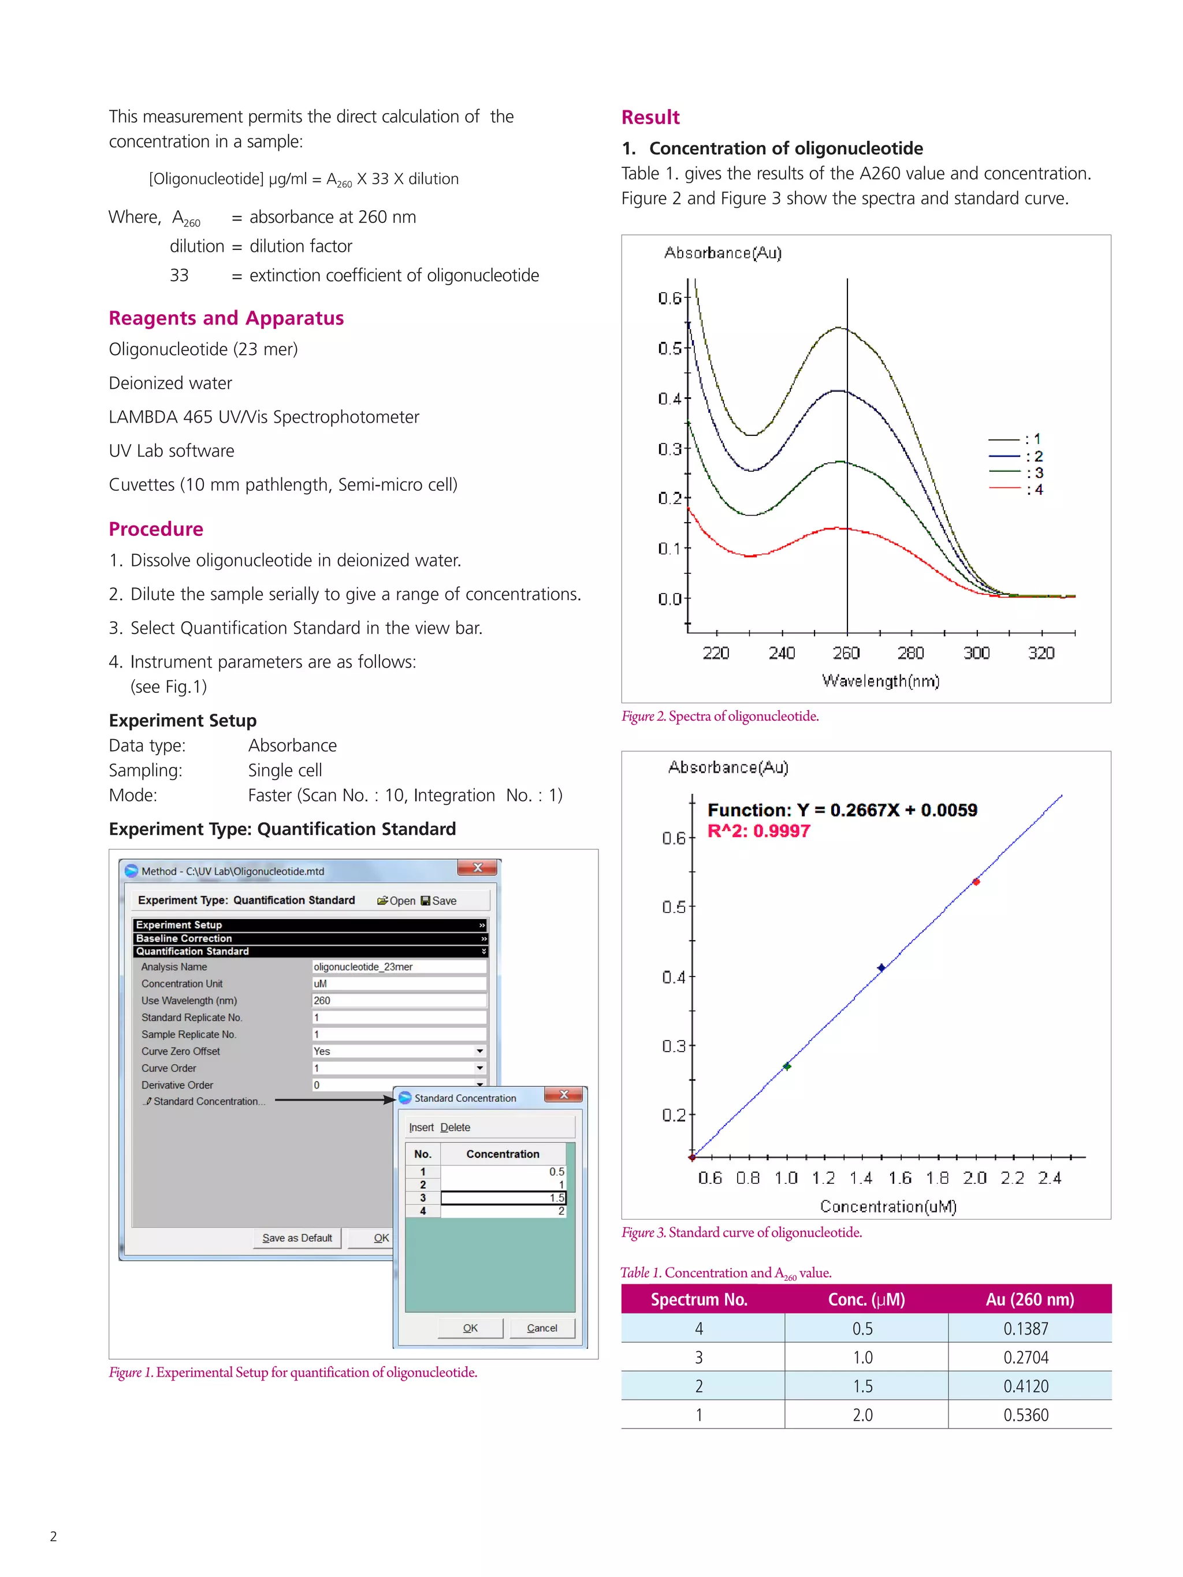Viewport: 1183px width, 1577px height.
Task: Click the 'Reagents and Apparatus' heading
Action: coord(226,318)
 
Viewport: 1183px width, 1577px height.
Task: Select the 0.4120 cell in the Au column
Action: coord(1025,1386)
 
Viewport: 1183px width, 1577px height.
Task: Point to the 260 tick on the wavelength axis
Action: coord(846,653)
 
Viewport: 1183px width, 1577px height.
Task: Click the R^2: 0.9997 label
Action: coord(758,832)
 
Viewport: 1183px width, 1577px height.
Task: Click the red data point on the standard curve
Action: coord(976,882)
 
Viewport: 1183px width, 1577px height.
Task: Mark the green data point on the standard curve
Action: coord(787,1066)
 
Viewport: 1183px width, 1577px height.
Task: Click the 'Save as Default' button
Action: coord(297,1237)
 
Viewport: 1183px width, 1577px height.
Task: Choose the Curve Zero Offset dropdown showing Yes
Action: coord(399,1051)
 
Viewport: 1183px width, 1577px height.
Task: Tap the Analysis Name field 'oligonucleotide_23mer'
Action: coord(399,967)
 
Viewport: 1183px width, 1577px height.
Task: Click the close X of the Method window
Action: coord(478,868)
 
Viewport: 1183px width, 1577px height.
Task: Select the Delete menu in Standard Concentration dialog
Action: coord(455,1127)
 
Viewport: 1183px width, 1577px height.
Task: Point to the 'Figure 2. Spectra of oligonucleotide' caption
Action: coord(720,716)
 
